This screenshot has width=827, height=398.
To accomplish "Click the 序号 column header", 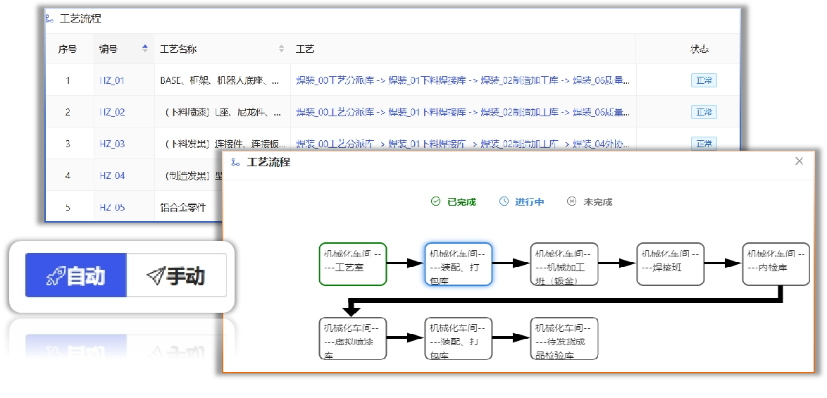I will (68, 49).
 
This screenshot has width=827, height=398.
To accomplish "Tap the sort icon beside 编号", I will (145, 49).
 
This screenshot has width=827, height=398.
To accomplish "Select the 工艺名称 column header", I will (178, 49).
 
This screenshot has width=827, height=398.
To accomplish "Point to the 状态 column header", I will (699, 49).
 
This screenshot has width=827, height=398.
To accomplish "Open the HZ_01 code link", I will (112, 80).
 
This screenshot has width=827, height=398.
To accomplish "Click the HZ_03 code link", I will (112, 144).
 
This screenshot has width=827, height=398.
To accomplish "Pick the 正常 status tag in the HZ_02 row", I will (704, 112).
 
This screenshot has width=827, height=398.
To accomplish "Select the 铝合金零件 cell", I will (183, 207).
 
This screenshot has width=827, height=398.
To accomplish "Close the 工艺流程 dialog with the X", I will (799, 161).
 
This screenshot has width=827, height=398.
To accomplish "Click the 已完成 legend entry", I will (454, 202).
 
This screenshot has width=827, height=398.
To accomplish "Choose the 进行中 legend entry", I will (522, 202).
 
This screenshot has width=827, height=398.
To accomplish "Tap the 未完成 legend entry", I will (590, 202).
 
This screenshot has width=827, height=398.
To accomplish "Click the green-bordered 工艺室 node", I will (353, 264).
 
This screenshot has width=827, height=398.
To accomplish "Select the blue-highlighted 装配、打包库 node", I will (459, 264).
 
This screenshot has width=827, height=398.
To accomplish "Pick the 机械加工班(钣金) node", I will (564, 264).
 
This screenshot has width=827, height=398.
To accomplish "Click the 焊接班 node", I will (670, 264).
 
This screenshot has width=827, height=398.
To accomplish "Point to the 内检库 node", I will (776, 264).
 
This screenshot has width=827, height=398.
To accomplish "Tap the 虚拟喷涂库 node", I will (353, 339).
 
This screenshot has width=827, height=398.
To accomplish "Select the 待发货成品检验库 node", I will (564, 339).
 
